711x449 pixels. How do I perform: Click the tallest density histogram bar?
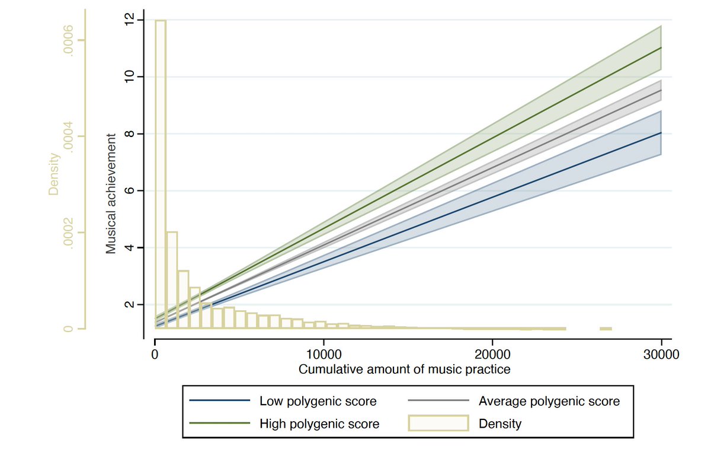[161, 172]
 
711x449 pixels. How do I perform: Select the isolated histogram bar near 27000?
[606, 329]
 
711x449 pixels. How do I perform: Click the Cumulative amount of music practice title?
[404, 370]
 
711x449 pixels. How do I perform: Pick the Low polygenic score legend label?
[318, 402]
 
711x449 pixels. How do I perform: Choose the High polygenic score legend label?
[319, 423]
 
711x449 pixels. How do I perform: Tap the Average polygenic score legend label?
[549, 402]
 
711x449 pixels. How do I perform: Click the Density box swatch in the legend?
[438, 423]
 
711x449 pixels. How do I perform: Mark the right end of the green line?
[661, 47]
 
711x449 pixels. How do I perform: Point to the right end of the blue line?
[661, 133]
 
